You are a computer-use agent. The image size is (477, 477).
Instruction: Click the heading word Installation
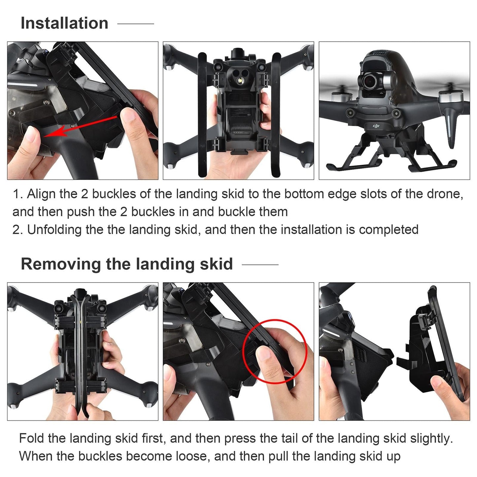tap(64, 23)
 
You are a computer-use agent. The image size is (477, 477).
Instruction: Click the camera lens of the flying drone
tap(372, 80)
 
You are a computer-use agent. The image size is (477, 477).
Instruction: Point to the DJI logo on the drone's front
tap(376, 126)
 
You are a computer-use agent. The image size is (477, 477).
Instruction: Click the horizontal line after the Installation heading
tap(136, 24)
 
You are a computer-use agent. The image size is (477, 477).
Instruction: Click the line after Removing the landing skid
tap(260, 264)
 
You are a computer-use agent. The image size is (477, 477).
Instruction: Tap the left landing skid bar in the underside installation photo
tap(202, 116)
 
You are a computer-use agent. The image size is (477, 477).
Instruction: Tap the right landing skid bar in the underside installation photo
tap(276, 116)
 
